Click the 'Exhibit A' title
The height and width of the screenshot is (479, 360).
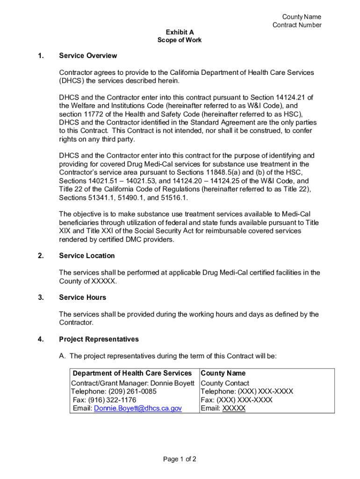(180, 32)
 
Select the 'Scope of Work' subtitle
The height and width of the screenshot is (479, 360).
(180, 40)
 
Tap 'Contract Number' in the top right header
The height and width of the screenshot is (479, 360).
(297, 25)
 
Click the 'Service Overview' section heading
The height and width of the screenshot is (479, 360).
(88, 56)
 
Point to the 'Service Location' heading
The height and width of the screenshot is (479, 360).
(86, 256)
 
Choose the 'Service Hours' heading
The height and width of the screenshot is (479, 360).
(82, 298)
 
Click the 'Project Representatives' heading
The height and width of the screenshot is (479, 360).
(99, 339)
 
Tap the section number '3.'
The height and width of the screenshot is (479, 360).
(41, 298)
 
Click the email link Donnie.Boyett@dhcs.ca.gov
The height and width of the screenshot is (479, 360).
(138, 408)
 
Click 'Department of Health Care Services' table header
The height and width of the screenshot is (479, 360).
(132, 373)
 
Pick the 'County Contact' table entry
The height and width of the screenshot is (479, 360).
(225, 383)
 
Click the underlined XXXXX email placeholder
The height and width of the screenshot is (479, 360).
(234, 408)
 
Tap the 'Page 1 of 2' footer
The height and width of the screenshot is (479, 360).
(180, 459)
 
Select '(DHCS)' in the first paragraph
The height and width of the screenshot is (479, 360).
(72, 80)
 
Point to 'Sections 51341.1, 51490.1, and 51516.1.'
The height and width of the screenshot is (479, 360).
(123, 197)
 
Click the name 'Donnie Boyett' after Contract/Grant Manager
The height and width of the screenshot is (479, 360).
(173, 383)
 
